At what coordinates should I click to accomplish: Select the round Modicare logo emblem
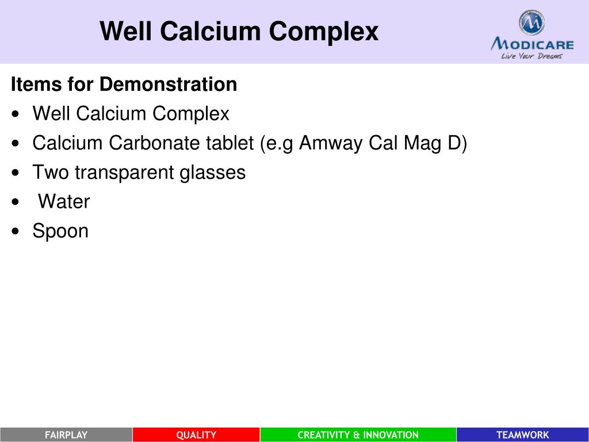click(x=531, y=23)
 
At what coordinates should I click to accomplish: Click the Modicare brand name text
click(x=532, y=44)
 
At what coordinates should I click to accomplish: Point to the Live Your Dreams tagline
click(x=531, y=56)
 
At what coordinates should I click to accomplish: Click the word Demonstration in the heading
click(x=168, y=85)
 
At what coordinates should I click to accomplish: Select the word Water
click(x=64, y=202)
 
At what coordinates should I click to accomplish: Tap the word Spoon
click(x=60, y=231)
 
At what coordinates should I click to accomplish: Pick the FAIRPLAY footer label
click(x=66, y=435)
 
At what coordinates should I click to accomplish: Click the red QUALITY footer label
click(x=196, y=435)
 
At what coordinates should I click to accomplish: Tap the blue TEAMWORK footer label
click(x=522, y=435)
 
